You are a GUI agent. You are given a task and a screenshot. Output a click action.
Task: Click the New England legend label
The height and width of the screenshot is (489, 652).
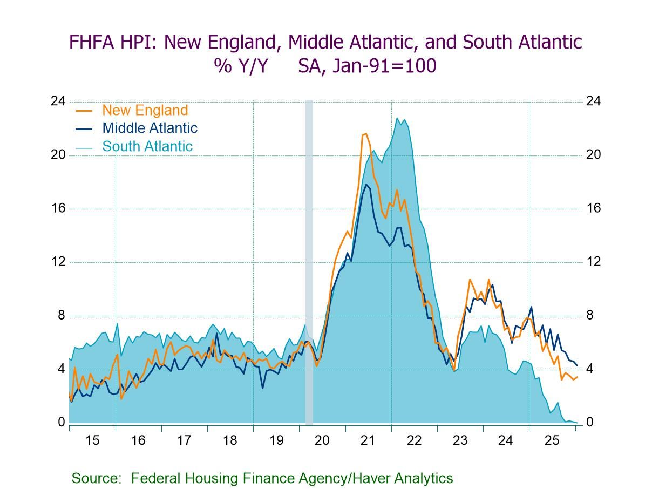click(x=145, y=110)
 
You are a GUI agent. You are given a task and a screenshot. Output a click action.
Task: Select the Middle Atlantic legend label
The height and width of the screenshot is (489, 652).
click(x=150, y=128)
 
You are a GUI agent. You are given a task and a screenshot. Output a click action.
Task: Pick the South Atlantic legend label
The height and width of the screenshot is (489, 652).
click(x=147, y=146)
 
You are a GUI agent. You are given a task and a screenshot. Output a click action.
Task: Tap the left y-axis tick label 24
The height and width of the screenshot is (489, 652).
click(x=58, y=101)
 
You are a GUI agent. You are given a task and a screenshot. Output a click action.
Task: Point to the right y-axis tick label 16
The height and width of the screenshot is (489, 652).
click(x=593, y=208)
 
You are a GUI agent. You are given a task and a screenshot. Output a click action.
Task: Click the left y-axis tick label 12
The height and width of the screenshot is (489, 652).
click(x=58, y=262)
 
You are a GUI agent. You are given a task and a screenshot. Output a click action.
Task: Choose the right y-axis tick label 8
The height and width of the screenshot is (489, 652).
click(x=590, y=315)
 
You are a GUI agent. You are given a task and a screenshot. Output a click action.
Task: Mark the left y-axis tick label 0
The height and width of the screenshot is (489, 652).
click(x=61, y=422)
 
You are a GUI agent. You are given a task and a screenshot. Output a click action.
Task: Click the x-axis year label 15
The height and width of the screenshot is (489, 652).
click(x=92, y=440)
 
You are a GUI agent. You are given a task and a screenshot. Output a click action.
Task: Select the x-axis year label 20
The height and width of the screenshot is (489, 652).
click(x=322, y=440)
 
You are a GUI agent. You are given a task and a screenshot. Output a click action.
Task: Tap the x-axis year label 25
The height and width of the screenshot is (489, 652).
click(x=552, y=440)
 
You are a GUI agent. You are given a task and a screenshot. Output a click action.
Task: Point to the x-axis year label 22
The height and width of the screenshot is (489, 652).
click(x=414, y=440)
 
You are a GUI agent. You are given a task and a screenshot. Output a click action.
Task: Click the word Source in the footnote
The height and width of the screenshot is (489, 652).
click(x=95, y=478)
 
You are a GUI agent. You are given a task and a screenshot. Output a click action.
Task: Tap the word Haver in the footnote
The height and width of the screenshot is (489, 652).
click(x=370, y=478)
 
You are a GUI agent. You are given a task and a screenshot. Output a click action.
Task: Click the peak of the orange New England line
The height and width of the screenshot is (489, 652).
click(x=365, y=133)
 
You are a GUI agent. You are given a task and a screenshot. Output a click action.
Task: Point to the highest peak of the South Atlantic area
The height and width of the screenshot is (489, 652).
click(x=397, y=118)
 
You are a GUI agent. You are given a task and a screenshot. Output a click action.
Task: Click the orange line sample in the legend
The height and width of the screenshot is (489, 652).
click(x=83, y=111)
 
